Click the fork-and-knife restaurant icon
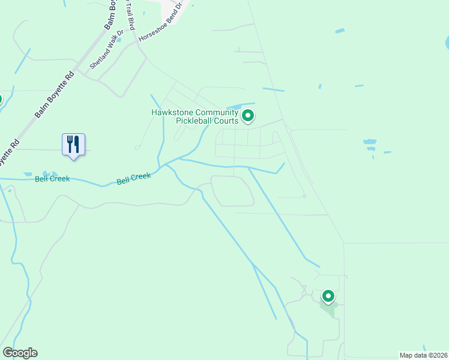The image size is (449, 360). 73,145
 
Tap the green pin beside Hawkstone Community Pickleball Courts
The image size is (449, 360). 249,115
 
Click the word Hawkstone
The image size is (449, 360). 173,112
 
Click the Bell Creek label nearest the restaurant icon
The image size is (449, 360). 52,179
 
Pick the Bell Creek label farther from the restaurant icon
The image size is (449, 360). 133,178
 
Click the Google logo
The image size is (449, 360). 20,353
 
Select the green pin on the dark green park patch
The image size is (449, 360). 328,296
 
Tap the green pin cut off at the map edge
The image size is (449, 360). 1,100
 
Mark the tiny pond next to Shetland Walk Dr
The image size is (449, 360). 119,40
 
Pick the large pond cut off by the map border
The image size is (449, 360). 447,43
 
